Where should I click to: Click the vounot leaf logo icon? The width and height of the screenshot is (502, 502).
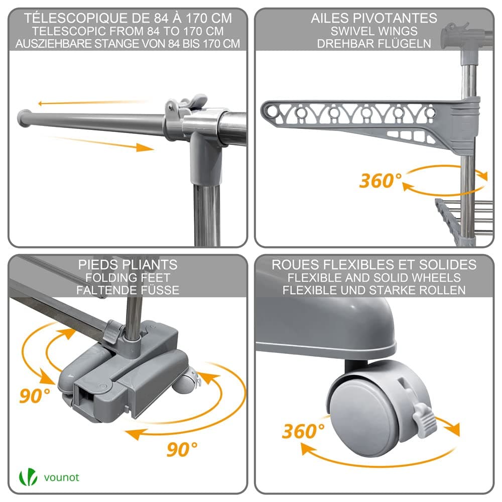28,477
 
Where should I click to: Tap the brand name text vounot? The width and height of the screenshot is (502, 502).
61,477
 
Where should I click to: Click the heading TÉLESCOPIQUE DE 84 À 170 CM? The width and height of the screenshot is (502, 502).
128,18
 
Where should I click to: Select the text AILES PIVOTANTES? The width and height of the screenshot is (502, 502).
374,18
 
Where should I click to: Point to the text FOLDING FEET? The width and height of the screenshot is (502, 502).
128,277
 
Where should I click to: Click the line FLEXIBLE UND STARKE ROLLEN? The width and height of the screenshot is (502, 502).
374,290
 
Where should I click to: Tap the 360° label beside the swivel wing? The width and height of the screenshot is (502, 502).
381,181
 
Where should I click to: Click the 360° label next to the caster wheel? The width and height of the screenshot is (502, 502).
303,431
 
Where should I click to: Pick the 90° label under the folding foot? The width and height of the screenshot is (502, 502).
182,449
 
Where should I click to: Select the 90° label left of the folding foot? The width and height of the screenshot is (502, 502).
35,396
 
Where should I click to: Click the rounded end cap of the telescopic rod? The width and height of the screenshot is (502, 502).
23,118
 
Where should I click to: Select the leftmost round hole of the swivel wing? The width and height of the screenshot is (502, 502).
273,111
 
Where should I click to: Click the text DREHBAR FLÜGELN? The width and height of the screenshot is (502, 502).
374,44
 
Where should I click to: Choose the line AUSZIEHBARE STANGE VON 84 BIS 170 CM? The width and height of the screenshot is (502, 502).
128,44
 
